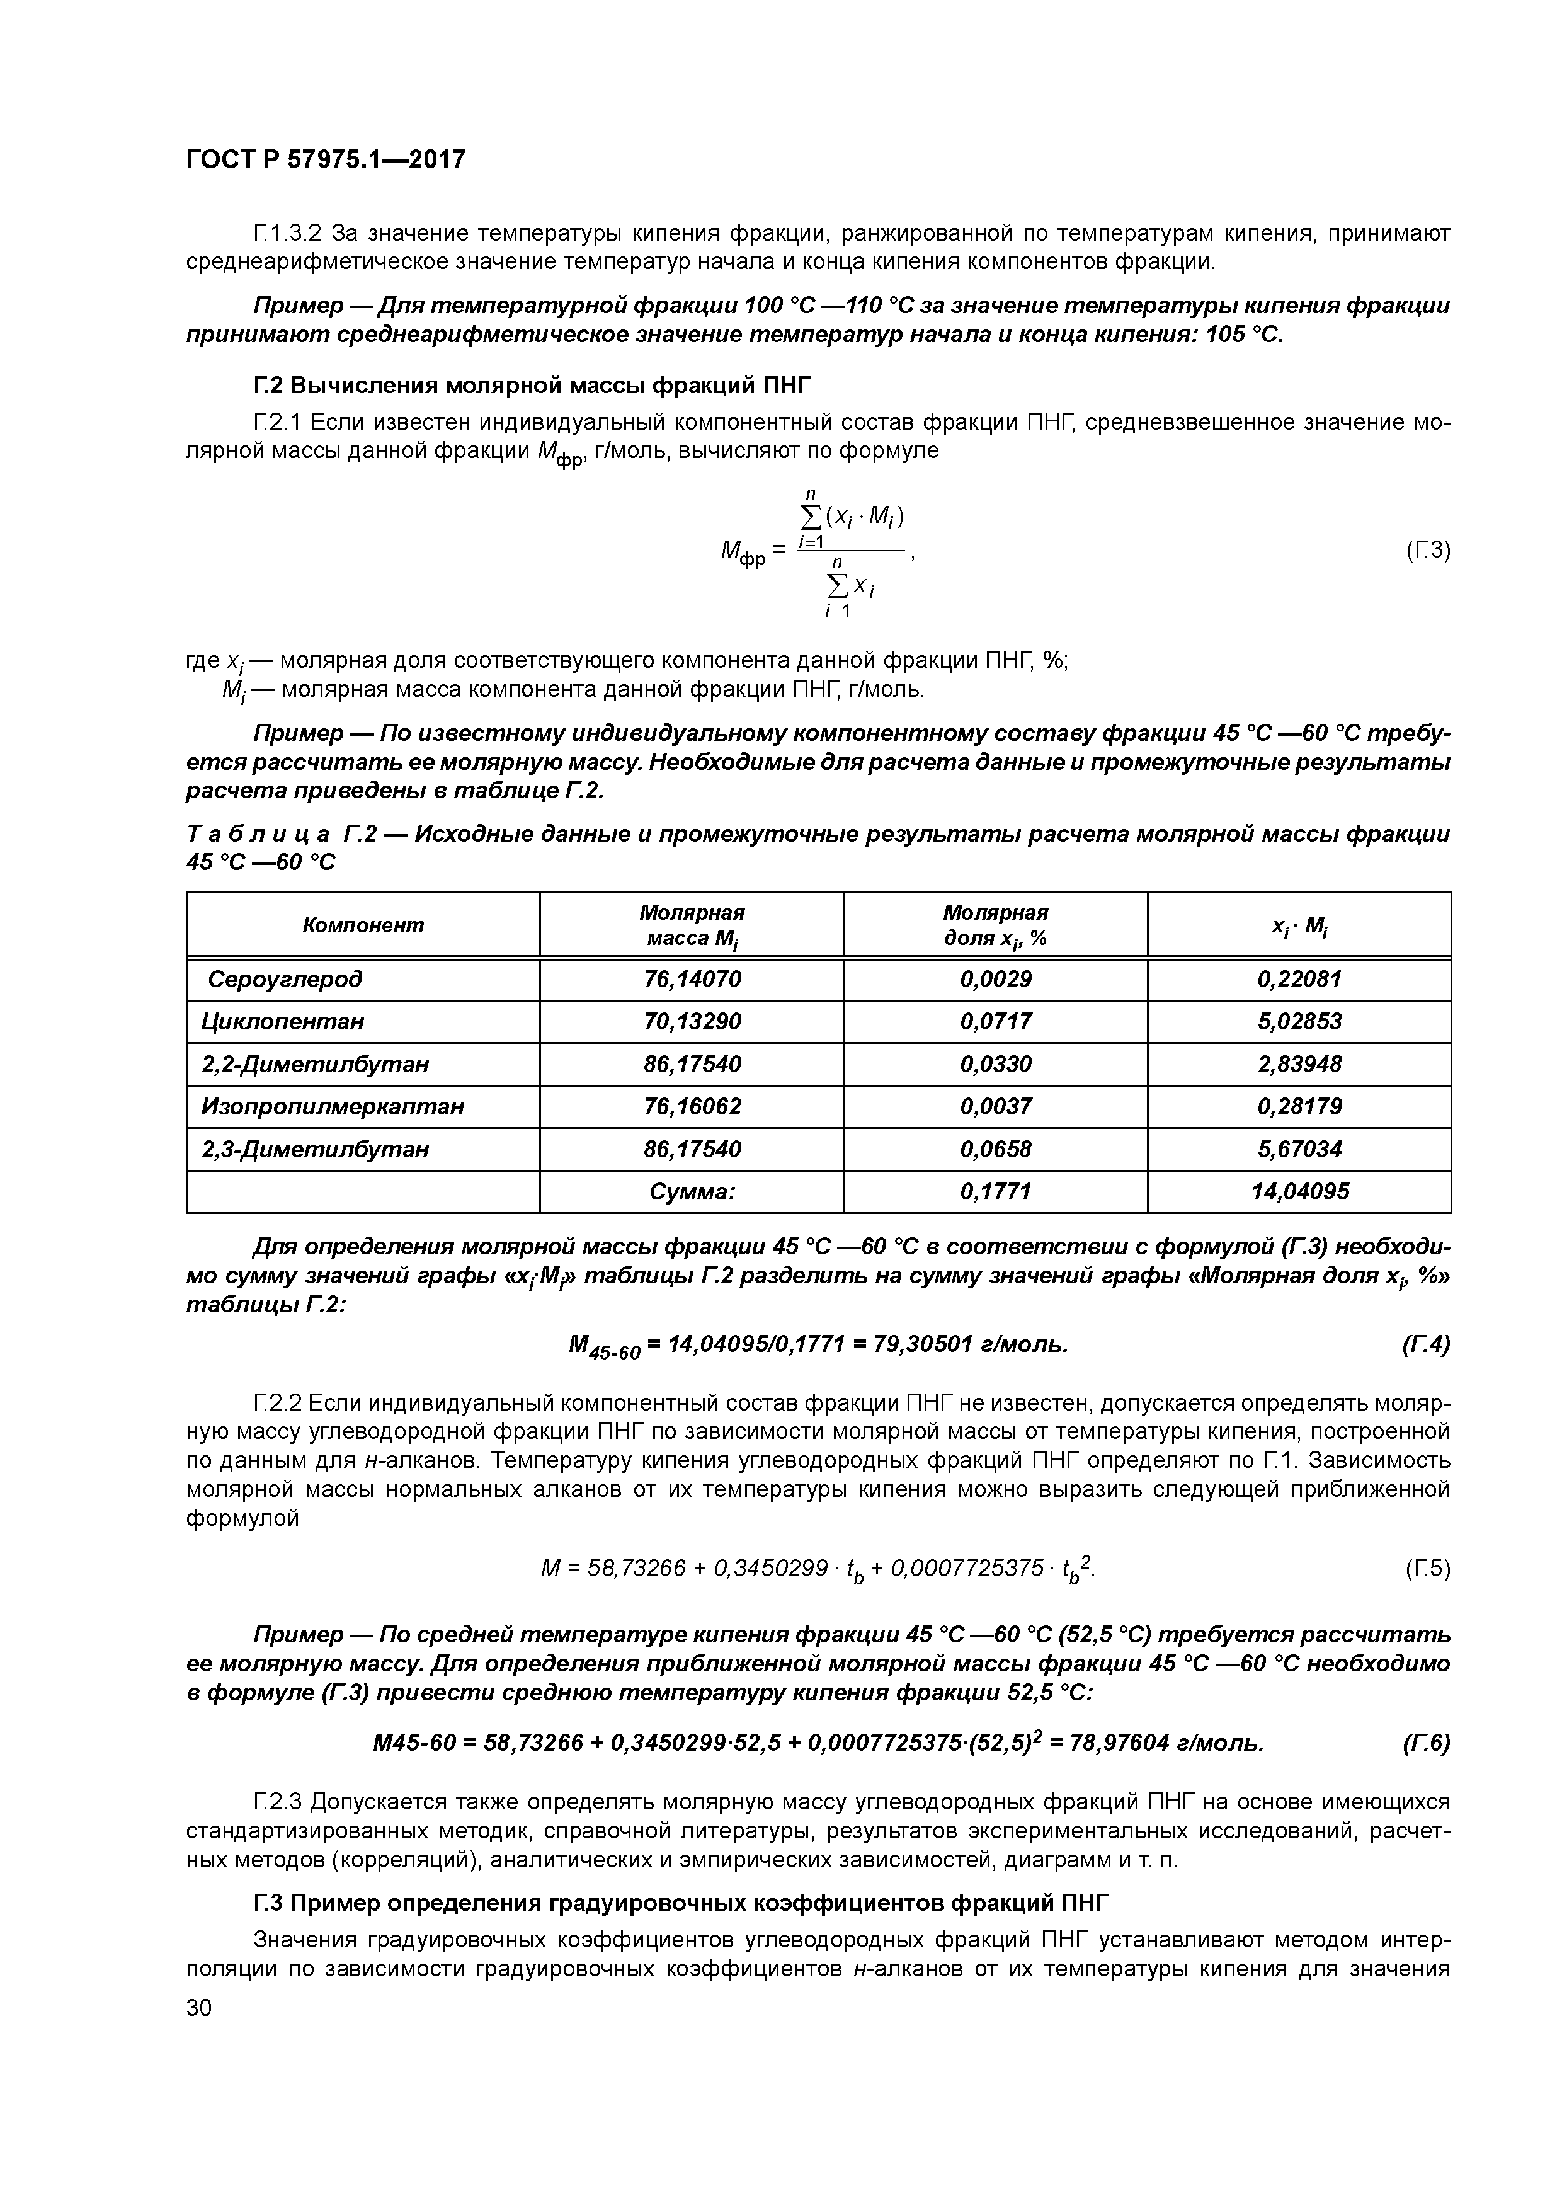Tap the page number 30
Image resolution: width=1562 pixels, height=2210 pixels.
click(198, 2006)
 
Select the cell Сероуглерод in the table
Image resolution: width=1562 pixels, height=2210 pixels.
click(285, 979)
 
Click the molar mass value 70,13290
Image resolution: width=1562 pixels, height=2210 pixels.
click(691, 1021)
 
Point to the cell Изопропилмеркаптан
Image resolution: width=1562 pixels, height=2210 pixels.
click(332, 1106)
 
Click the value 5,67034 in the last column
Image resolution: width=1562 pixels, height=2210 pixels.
click(1298, 1148)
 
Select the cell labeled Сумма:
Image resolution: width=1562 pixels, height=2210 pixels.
click(691, 1192)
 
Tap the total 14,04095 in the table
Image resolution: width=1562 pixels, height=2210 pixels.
click(1298, 1192)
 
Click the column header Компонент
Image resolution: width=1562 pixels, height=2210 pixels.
click(363, 925)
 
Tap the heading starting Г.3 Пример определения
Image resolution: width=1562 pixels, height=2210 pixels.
click(680, 1903)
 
